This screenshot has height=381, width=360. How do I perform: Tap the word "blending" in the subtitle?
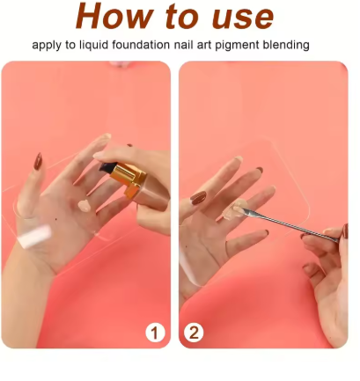pyautogui.click(x=304, y=45)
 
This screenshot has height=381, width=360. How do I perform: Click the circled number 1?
pyautogui.click(x=156, y=333)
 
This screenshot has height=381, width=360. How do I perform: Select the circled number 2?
pyautogui.click(x=194, y=333)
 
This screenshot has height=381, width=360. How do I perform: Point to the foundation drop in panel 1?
pyautogui.click(x=83, y=205)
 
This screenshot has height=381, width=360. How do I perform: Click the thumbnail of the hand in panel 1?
pyautogui.click(x=38, y=162)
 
